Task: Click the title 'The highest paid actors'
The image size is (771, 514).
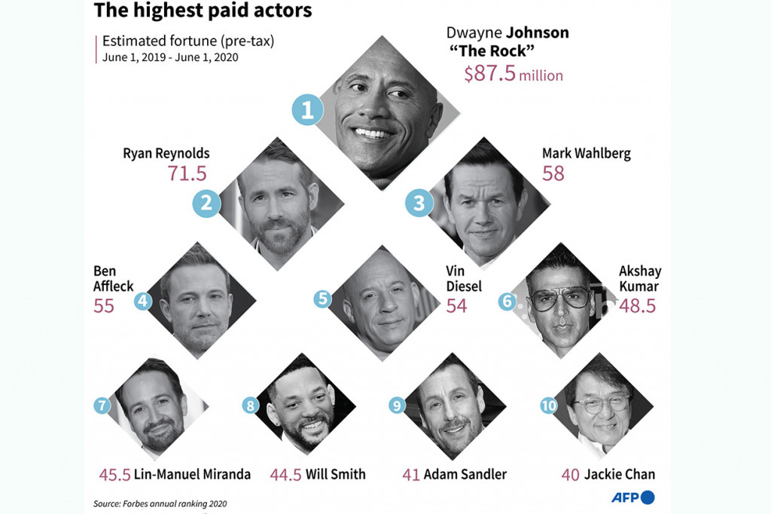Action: pos(202,11)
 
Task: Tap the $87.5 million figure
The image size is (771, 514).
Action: pos(513,75)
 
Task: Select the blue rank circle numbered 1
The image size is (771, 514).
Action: pos(307,112)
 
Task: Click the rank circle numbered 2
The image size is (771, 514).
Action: pos(207,203)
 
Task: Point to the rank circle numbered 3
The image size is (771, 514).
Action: pos(419,202)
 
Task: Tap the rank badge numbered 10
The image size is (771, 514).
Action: pos(549,405)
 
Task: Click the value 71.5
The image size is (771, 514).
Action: pos(187,173)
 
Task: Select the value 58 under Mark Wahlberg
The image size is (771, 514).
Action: pos(553,173)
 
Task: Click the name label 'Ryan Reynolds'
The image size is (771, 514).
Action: pos(166,154)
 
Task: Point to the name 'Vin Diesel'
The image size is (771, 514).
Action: pos(462,278)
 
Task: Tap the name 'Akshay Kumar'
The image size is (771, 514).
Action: pos(638,278)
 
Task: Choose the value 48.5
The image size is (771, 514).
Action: pos(637,305)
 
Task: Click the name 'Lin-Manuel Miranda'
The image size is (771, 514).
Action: pos(192,474)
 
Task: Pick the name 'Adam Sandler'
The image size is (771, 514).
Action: pos(465,474)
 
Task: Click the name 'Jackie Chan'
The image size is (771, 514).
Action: pos(620,474)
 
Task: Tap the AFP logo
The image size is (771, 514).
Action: pos(632,497)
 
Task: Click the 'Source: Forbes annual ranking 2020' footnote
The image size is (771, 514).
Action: pos(160,503)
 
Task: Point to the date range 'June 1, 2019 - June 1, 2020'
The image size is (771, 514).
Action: pos(170,58)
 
